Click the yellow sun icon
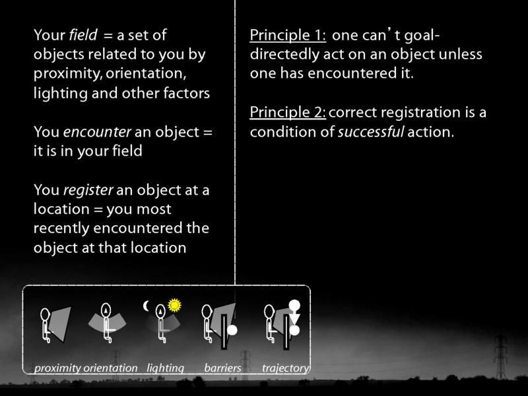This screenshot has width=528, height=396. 174,305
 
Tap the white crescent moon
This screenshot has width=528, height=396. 147,306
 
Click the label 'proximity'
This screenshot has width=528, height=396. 57,368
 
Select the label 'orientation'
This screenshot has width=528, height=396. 110,368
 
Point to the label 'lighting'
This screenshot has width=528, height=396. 165,368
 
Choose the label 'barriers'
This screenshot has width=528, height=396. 222,368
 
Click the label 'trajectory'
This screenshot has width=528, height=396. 285,368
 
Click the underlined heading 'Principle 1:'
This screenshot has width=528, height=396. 288,35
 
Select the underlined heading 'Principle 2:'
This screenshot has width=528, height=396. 288,112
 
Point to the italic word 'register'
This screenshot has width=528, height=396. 88,190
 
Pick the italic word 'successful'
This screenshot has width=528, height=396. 370,132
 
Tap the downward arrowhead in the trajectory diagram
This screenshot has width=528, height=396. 295,319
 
